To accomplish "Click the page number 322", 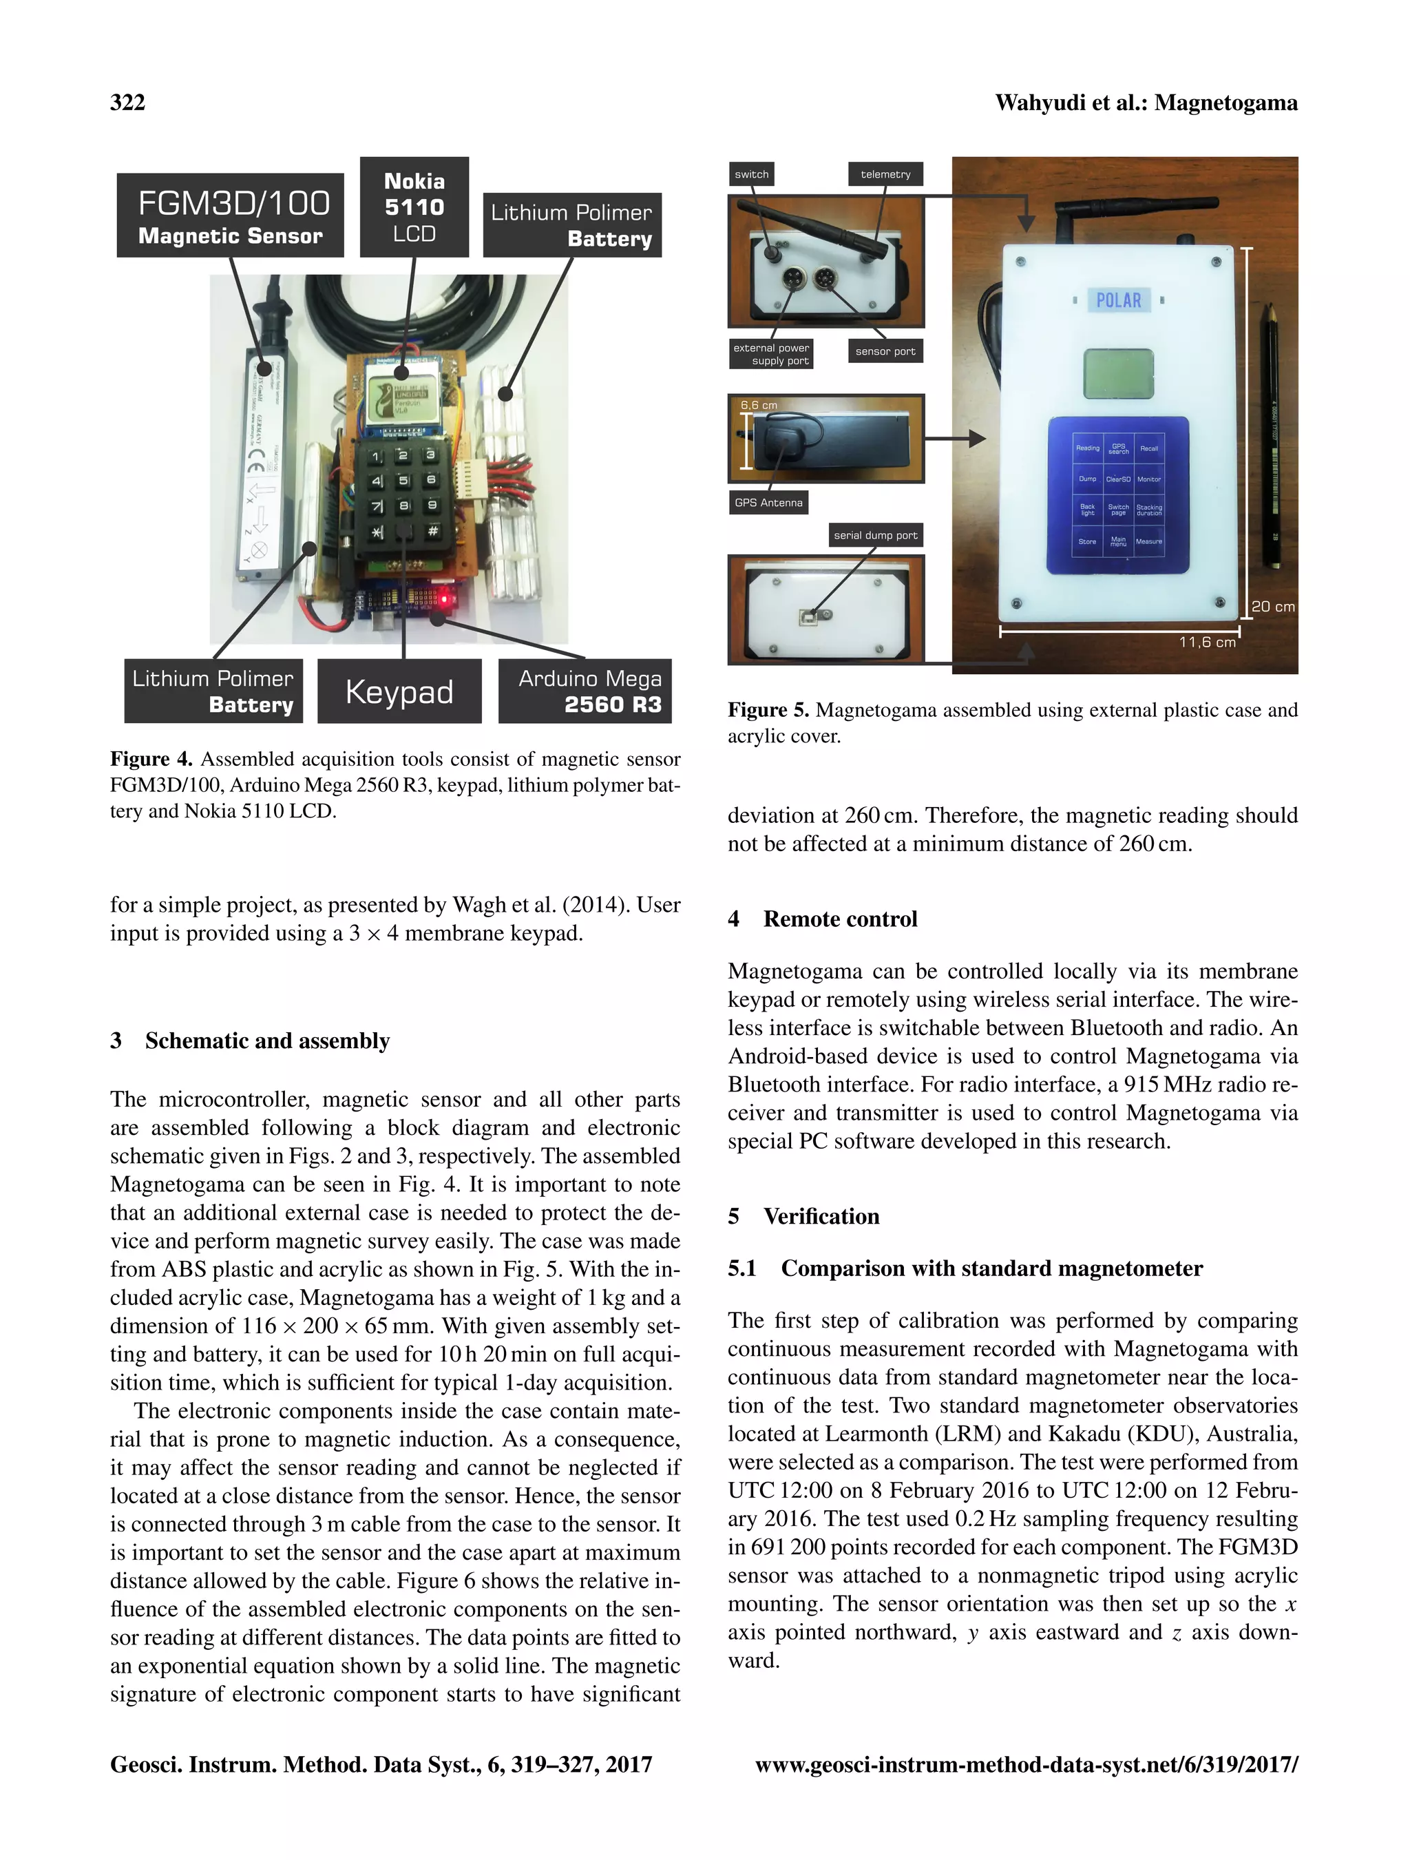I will pos(128,103).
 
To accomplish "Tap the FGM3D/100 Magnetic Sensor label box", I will pos(231,216).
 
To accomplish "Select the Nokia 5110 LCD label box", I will pos(414,207).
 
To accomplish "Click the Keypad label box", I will pos(399,691).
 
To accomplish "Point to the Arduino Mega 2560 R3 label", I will pos(585,691).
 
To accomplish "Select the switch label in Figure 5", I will pos(751,174).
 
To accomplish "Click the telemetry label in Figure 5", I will pos(885,174).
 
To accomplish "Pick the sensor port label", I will pos(885,351).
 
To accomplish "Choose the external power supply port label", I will pos(771,354).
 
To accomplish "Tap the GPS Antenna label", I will pos(768,503).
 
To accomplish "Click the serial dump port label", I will pos(875,535).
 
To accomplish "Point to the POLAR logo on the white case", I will pos(1118,300).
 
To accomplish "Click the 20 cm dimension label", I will pos(1272,606).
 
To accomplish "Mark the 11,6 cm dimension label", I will pos(1206,642).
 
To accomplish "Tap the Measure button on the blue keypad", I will pos(1148,541).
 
